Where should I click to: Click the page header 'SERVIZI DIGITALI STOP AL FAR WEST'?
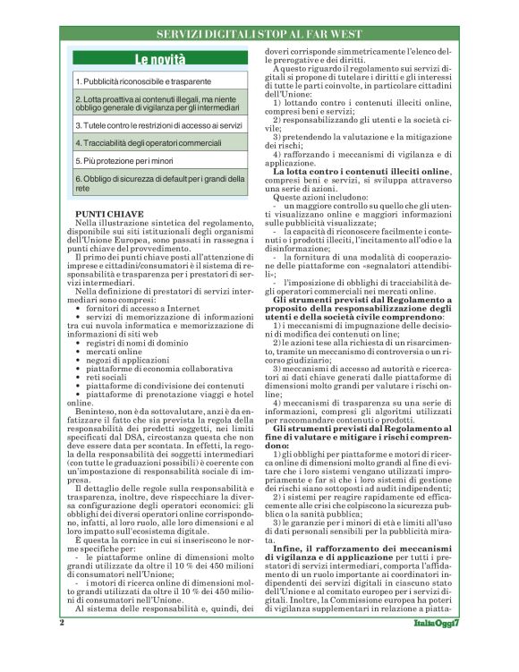tap(259, 32)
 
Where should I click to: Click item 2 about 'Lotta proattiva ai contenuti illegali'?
tap(157, 103)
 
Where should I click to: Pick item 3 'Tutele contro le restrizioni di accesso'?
tap(158, 126)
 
